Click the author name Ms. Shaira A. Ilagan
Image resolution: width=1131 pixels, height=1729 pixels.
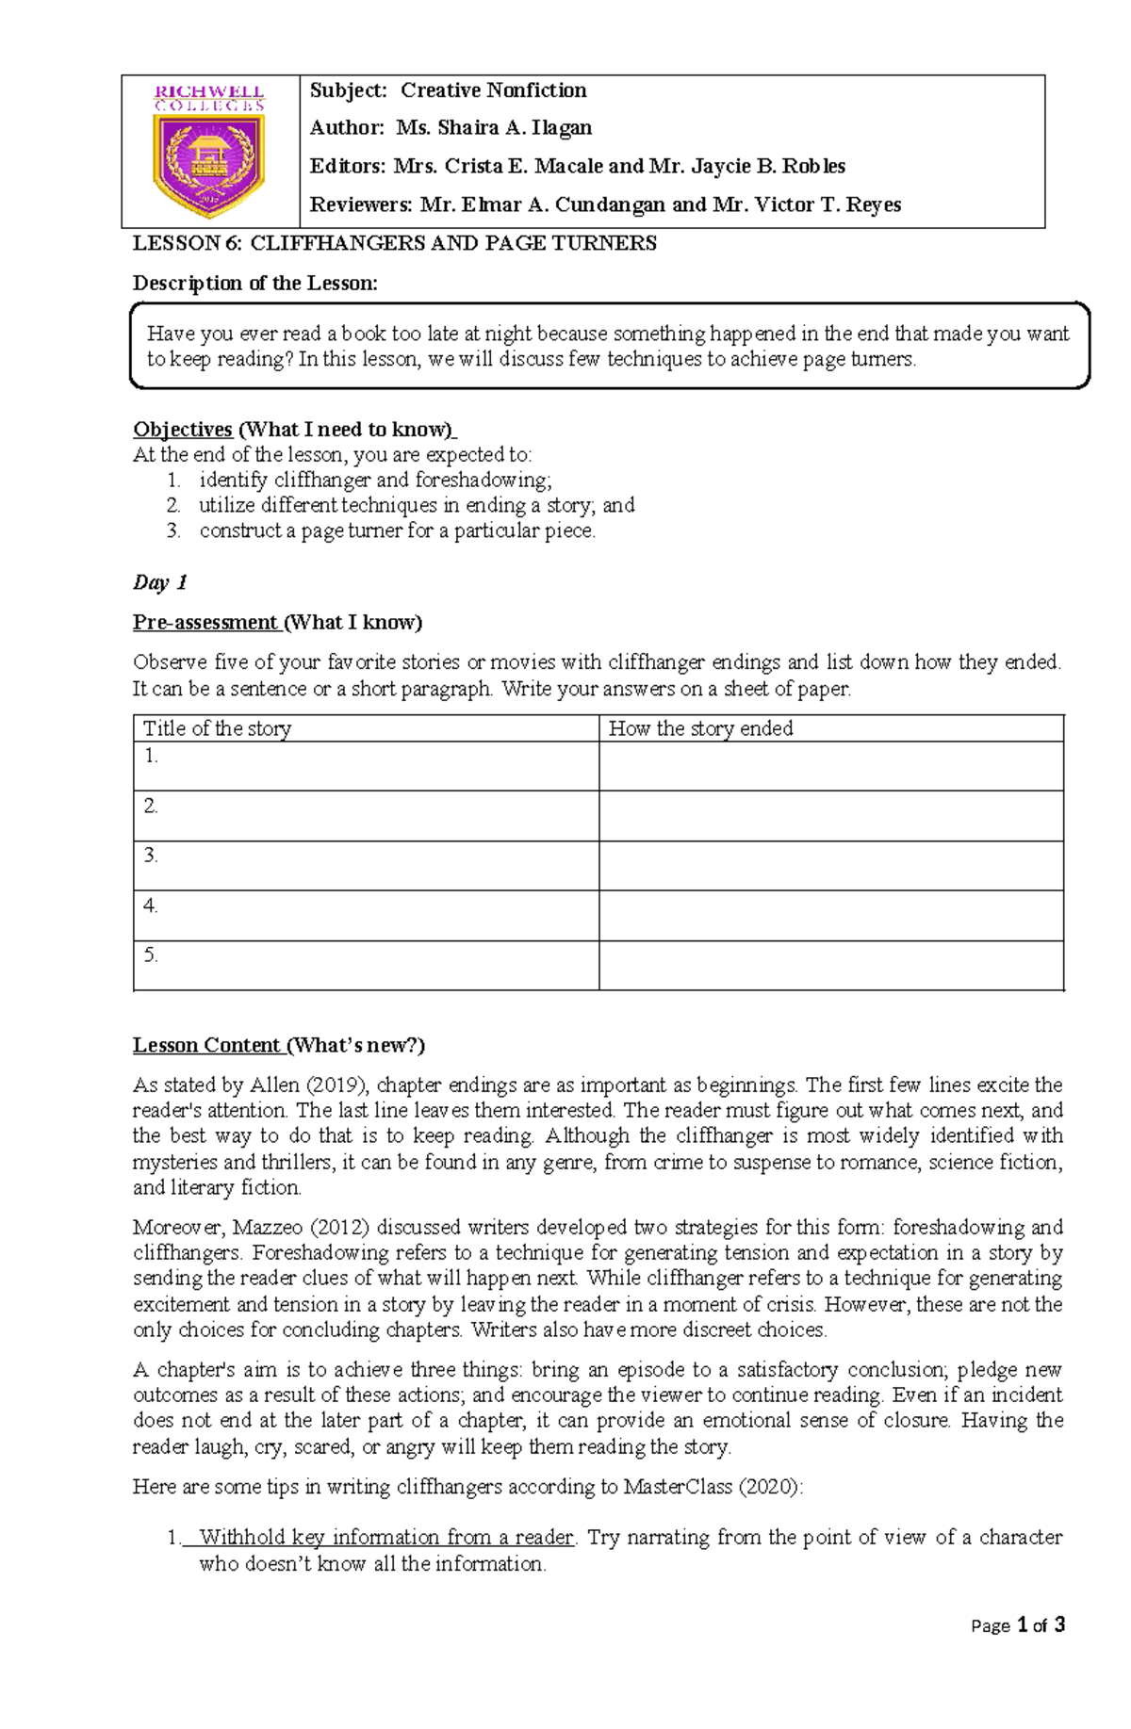pos(494,128)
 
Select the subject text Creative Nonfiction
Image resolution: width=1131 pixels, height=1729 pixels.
pos(493,90)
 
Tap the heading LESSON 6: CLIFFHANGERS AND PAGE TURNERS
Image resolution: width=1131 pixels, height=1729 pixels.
pos(394,243)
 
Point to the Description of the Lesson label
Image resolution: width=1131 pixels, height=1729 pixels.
pos(254,283)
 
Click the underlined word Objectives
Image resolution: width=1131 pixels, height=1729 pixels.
pos(183,430)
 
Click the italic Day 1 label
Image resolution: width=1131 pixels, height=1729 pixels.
pos(159,582)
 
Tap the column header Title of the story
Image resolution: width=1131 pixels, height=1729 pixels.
pos(217,728)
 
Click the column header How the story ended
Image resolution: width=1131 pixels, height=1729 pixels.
pos(700,728)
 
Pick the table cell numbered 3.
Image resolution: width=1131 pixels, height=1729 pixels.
pos(366,865)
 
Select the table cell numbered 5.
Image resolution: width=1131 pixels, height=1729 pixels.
pos(366,965)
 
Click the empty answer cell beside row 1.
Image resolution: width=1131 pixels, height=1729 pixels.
pos(830,765)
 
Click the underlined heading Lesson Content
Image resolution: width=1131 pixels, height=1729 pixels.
pos(206,1045)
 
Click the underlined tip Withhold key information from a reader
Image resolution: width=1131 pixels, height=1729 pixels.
pos(386,1538)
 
